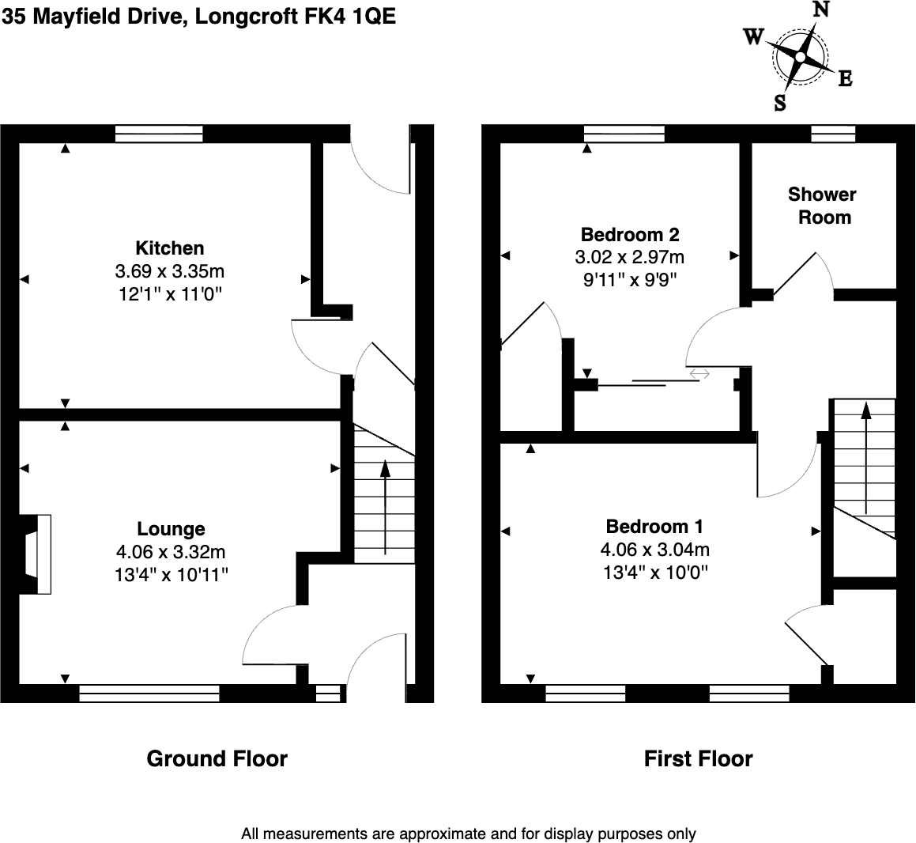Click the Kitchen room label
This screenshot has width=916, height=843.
(x=169, y=248)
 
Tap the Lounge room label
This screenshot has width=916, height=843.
(x=172, y=528)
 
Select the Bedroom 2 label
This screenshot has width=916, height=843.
(x=630, y=234)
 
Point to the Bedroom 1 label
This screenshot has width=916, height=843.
(x=654, y=526)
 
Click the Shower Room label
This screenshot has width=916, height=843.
(x=823, y=206)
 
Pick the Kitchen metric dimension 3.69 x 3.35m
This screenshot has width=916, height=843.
(x=169, y=271)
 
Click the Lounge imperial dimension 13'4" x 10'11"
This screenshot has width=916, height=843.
(x=172, y=575)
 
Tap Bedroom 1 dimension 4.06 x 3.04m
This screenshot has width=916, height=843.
(x=655, y=550)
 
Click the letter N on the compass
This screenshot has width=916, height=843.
(x=821, y=9)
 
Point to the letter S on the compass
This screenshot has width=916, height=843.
(x=780, y=103)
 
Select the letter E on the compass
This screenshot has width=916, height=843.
(x=846, y=78)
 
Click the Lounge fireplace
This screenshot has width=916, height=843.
(x=35, y=554)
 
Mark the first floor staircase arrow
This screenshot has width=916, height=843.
(x=865, y=458)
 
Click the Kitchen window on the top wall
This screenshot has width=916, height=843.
(x=159, y=134)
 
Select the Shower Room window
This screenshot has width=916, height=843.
(x=834, y=134)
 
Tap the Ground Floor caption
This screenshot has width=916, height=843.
(x=217, y=759)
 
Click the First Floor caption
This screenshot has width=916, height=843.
(x=698, y=759)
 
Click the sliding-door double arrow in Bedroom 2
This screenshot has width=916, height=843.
(x=699, y=373)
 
